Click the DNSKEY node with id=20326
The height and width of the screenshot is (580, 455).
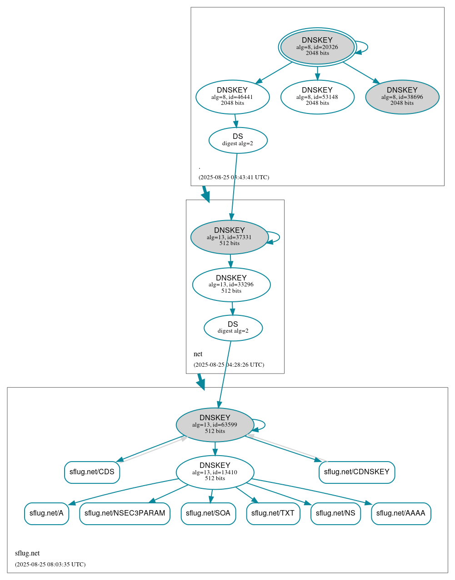[x=317, y=47]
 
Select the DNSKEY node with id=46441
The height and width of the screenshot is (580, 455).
[x=232, y=97]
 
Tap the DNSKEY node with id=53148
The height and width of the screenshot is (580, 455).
[x=317, y=97]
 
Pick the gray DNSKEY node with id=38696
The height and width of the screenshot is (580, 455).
[x=402, y=97]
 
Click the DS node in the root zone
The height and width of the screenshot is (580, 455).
[x=238, y=140]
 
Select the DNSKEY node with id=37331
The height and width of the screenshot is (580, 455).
[x=229, y=237]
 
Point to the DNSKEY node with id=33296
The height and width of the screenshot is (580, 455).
[x=231, y=285]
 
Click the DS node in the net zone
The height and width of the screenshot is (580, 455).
[x=233, y=328]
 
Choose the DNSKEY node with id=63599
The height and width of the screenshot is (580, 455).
[x=215, y=425]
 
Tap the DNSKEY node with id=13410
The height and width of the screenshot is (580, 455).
[x=215, y=472]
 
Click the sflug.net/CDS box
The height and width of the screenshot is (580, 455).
[x=92, y=472]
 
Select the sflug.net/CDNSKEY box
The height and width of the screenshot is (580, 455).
[x=356, y=472]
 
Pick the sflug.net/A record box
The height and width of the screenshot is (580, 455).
[x=46, y=513]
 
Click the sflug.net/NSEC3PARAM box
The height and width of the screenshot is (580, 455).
[x=125, y=513]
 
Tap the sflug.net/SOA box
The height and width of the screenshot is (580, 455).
[x=208, y=513]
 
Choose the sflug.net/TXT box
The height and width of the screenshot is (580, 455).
[x=273, y=513]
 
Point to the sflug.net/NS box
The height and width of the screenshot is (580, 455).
[x=335, y=513]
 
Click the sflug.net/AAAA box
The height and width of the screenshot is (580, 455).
[x=400, y=513]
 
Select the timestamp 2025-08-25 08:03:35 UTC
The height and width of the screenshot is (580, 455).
[x=50, y=565]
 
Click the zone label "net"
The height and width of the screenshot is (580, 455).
[x=198, y=354]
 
